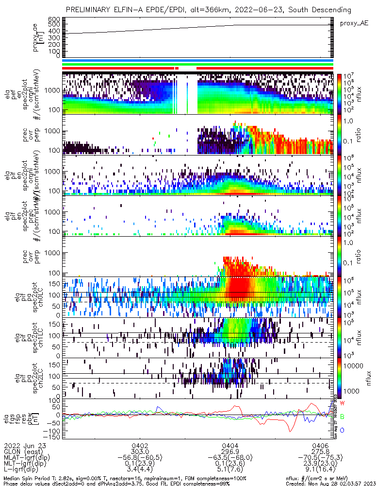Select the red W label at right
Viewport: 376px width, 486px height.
(342, 403)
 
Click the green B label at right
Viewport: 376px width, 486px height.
(342, 417)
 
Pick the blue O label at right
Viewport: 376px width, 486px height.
(342, 430)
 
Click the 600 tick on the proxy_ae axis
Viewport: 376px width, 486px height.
(53, 19)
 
